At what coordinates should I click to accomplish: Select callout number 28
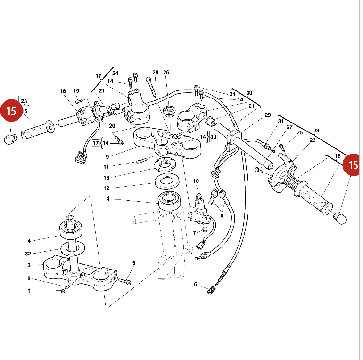point(156,73)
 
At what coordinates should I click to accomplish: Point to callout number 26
point(166,73)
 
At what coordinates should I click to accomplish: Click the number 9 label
point(107,157)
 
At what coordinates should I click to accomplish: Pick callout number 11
point(107,167)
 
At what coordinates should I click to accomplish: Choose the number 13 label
point(107,178)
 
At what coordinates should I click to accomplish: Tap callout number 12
point(107,188)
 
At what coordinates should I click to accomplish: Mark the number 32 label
point(28,254)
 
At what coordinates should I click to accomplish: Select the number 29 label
point(267,115)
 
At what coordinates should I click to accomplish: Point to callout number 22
point(312,140)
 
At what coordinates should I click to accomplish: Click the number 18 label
point(63,91)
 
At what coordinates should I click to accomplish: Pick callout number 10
point(196,181)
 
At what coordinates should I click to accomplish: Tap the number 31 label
point(280,122)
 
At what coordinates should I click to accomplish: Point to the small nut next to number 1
point(63,291)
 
